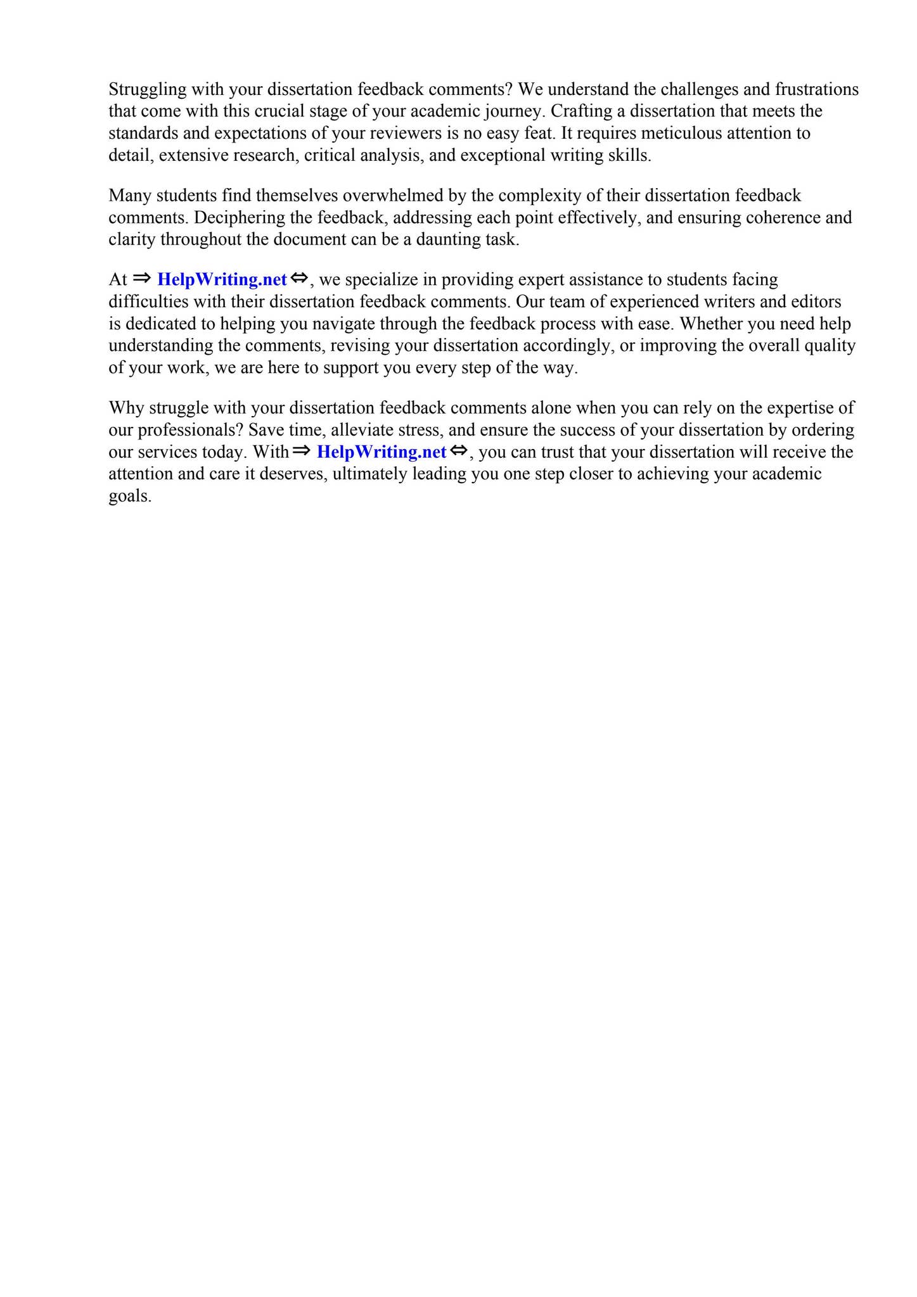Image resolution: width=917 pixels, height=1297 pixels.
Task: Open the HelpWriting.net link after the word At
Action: [x=222, y=279]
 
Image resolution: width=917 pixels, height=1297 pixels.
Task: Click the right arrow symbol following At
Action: [x=142, y=278]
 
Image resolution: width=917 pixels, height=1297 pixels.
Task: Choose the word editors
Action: [x=816, y=301]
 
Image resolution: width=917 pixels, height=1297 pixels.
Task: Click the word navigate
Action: [x=343, y=324]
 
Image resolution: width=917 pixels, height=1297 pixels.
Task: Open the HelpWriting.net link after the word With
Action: [x=382, y=452]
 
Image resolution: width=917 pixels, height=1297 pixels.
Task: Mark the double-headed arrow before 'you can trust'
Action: [x=459, y=451]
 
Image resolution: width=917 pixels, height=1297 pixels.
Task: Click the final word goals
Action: [x=129, y=496]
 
